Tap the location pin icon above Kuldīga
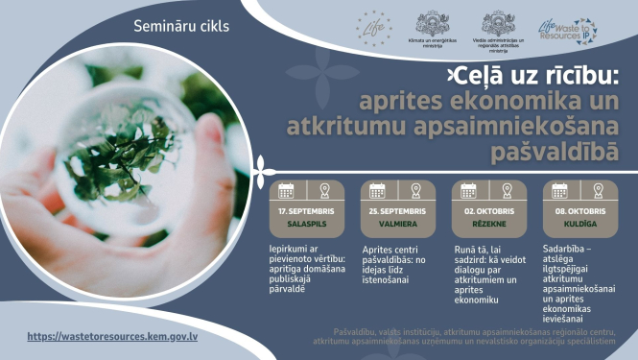(x=597, y=190)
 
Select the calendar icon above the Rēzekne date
(x=468, y=190)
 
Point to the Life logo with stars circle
(x=374, y=27)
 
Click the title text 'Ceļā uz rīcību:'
(x=532, y=76)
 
